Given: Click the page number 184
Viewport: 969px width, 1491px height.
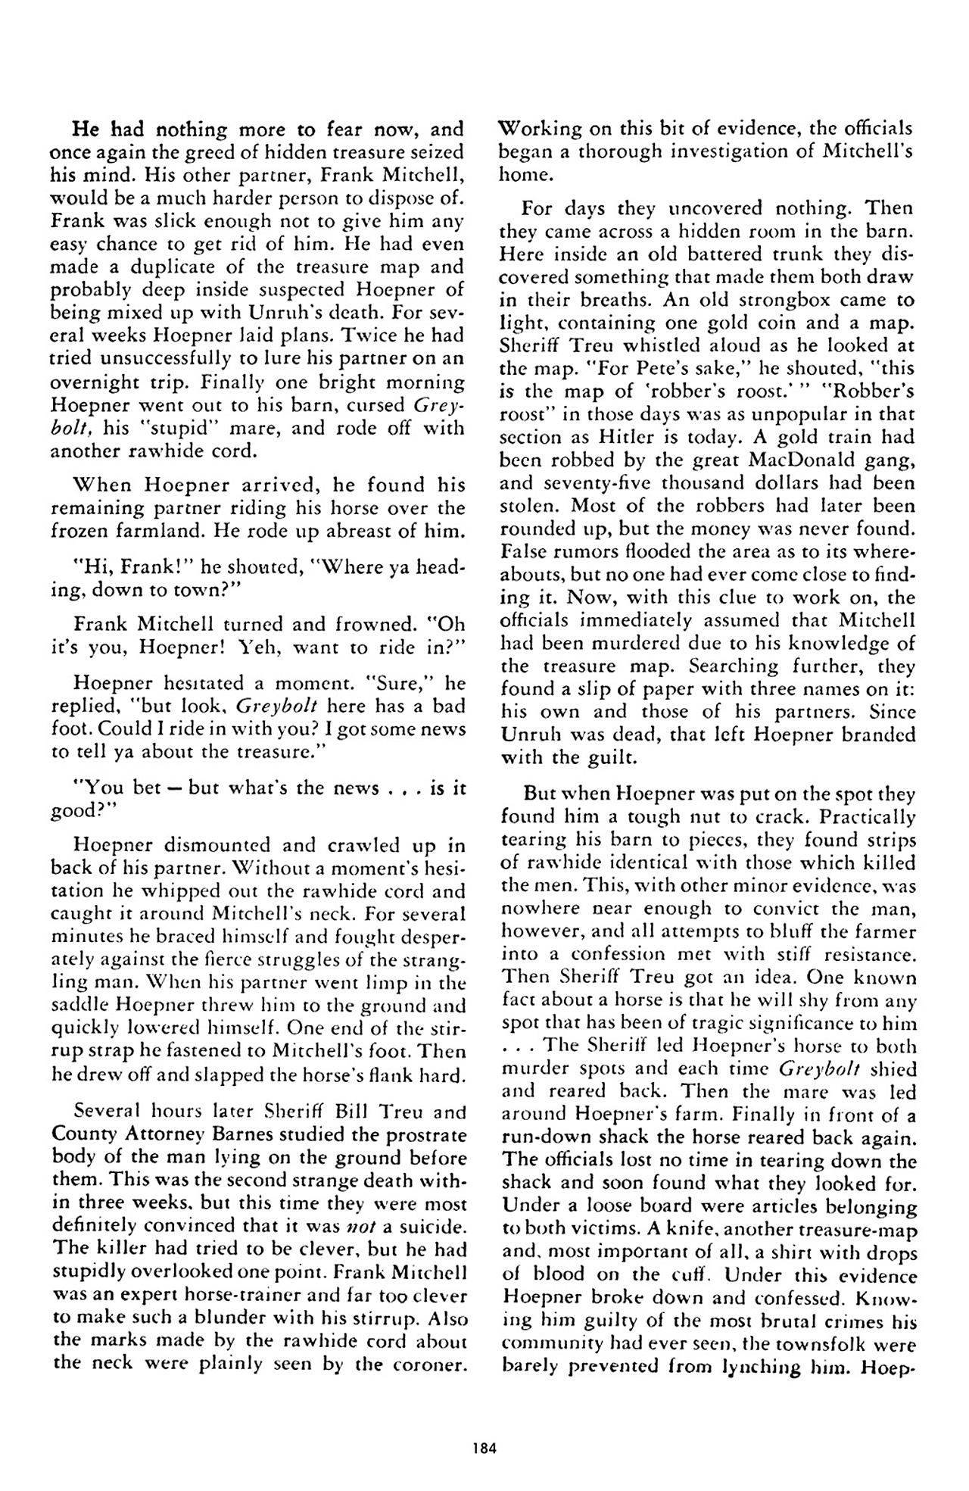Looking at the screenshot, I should click(483, 1448).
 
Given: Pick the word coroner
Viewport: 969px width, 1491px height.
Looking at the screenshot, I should click(427, 1364).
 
